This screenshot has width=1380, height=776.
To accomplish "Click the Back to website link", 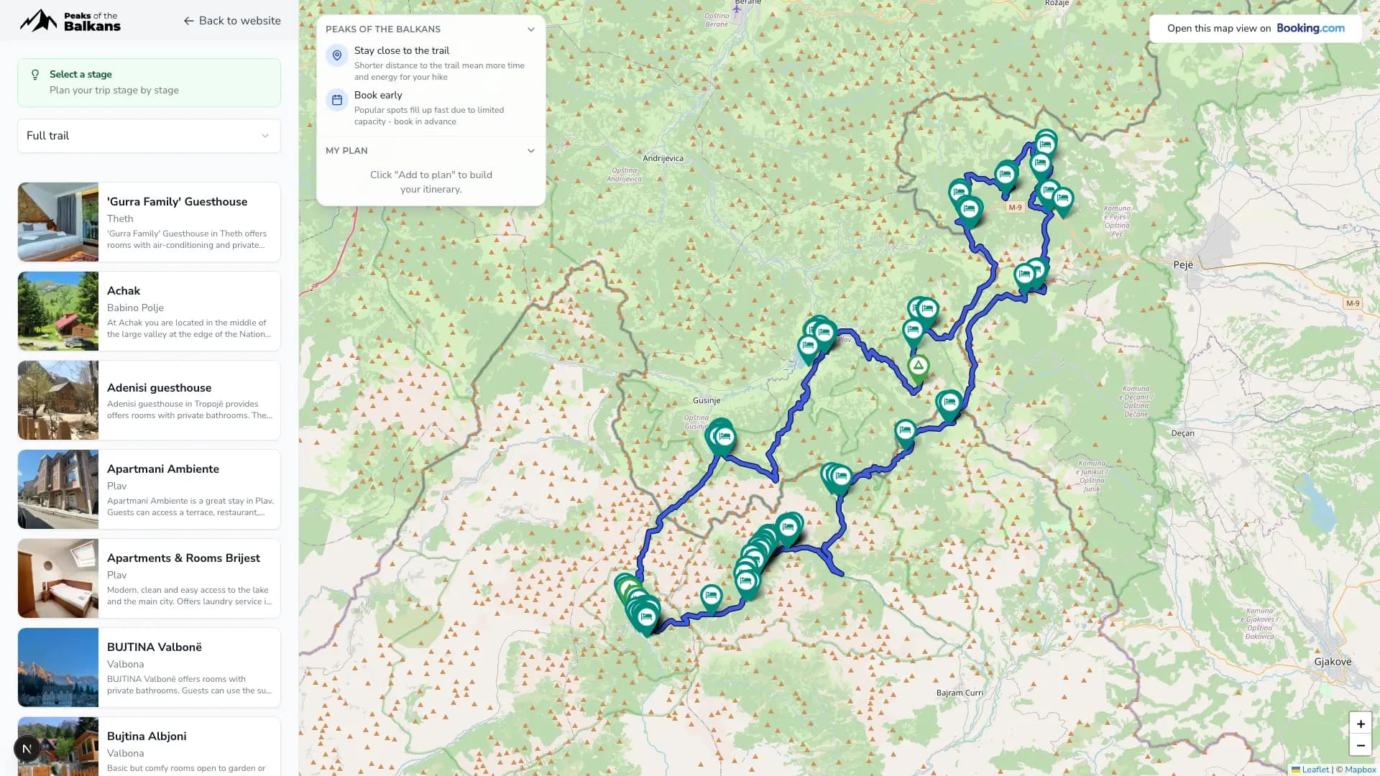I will tap(231, 21).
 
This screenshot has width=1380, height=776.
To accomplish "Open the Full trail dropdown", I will tap(149, 136).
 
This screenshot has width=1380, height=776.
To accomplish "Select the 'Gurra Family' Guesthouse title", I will tap(177, 202).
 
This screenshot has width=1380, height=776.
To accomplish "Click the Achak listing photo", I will tap(58, 311).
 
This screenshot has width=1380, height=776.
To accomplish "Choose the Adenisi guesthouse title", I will tap(159, 388).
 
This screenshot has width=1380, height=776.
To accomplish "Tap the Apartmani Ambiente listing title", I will tap(162, 469).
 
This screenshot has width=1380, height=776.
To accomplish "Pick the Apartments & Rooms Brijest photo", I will tap(58, 578).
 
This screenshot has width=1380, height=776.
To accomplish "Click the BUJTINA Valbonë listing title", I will tap(154, 647).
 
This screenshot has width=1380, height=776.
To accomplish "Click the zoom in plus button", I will tap(1360, 724).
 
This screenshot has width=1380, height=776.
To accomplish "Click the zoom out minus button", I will tap(1360, 746).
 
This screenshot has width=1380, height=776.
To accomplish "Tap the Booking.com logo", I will tap(1310, 29).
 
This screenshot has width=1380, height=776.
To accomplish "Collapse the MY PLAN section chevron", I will tap(530, 151).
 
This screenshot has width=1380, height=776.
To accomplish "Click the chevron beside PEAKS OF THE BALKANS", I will tap(530, 29).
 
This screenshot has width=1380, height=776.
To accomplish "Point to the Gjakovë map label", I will tap(1333, 662).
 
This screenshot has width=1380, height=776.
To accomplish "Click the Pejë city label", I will tap(1182, 265).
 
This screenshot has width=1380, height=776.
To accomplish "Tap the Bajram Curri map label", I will tap(960, 693).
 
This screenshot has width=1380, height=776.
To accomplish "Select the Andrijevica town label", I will tap(663, 159).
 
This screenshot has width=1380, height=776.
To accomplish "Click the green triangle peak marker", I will tap(918, 366).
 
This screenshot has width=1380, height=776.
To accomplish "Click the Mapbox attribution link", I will tap(1360, 770).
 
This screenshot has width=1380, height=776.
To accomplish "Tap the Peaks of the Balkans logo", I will tap(70, 21).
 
